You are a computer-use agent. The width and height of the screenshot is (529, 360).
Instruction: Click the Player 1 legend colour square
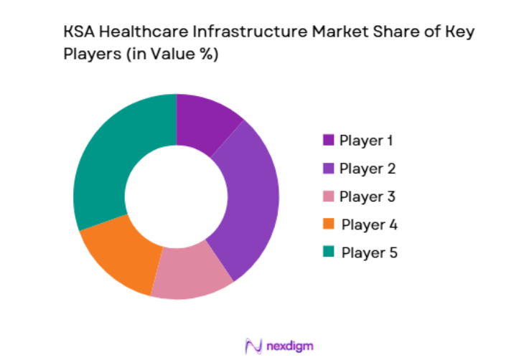329,141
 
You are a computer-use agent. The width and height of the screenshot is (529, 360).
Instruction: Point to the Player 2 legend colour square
329,169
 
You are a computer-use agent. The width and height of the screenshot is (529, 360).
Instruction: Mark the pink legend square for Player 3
329,196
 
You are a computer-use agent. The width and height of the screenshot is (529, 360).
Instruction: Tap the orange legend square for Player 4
329,224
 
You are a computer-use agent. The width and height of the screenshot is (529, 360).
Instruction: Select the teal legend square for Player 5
329,252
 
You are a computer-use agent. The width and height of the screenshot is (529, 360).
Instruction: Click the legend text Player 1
366,141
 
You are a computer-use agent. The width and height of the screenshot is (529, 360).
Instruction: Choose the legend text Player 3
367,196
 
